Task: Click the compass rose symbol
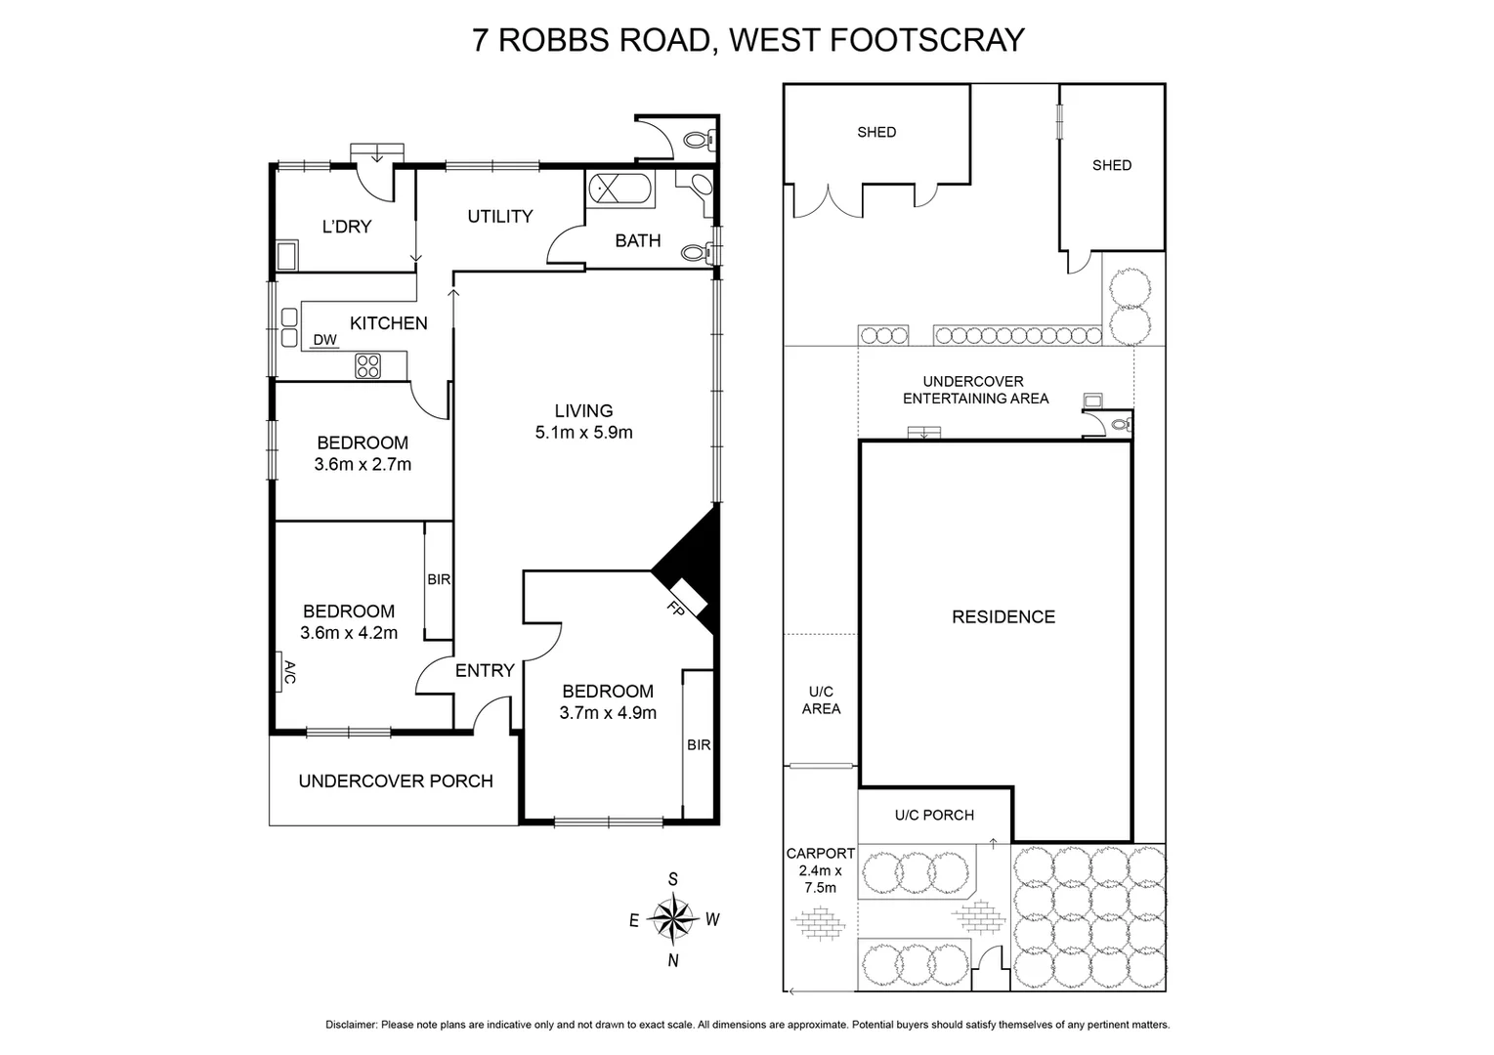672,918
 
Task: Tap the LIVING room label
583,411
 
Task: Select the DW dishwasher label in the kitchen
325,340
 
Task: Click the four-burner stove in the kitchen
368,366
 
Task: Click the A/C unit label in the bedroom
288,672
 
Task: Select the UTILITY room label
499,216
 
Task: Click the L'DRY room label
347,227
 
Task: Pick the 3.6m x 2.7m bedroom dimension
363,465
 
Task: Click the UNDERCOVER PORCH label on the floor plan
395,781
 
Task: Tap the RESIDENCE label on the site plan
1003,616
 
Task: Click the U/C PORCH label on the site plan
934,815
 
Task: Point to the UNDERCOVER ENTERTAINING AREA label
975,390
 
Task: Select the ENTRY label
485,670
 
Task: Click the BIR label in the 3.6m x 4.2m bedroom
439,579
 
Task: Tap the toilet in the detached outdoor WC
698,139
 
